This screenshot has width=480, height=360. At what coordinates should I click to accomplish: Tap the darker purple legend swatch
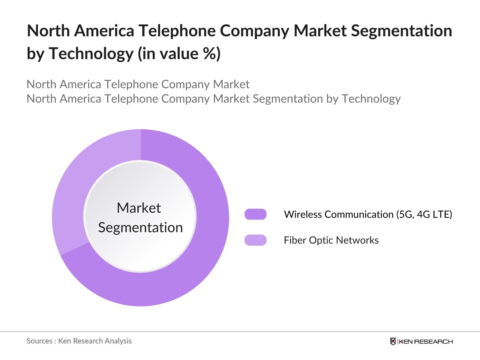click(255, 214)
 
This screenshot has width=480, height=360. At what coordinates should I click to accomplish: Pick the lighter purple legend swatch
click(255, 240)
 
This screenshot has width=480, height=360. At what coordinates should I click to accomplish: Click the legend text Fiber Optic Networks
click(331, 240)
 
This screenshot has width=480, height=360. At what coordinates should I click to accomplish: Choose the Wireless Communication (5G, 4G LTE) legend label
click(368, 214)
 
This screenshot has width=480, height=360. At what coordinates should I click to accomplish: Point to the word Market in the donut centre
click(139, 208)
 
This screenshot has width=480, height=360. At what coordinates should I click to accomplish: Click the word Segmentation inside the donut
click(140, 227)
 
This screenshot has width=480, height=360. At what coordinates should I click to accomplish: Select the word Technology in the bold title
click(91, 54)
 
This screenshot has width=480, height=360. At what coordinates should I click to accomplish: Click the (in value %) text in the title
click(179, 54)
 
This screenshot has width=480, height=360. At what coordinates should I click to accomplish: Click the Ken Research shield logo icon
click(393, 341)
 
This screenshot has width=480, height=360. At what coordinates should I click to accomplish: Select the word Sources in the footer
click(39, 341)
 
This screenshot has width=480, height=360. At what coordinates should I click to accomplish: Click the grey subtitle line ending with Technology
click(213, 99)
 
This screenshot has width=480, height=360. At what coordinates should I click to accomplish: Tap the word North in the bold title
click(48, 31)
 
